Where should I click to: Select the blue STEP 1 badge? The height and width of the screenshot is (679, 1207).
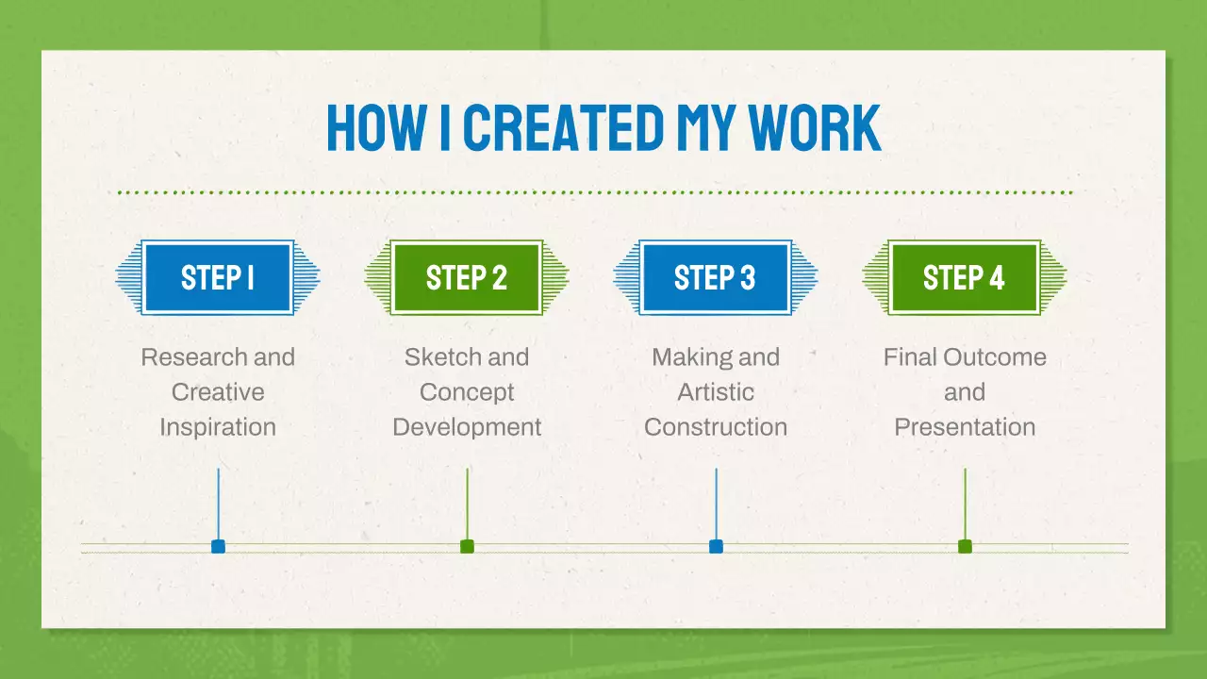(x=218, y=277)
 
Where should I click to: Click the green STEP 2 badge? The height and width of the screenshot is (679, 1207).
(x=467, y=277)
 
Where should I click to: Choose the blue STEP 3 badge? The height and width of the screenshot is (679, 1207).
(x=716, y=277)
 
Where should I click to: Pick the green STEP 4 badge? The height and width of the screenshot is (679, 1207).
(x=965, y=277)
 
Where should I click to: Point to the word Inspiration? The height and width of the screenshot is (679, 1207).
(x=218, y=427)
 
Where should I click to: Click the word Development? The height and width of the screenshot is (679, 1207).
(x=467, y=427)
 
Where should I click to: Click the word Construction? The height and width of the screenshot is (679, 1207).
(x=716, y=427)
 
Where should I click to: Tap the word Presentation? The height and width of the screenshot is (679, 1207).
(x=965, y=427)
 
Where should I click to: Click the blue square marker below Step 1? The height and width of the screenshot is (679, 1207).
(x=218, y=546)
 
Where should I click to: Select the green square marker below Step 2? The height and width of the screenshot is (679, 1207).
(x=467, y=546)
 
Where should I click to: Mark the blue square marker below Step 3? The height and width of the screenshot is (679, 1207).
(x=716, y=546)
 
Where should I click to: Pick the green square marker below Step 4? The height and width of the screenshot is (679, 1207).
(x=965, y=546)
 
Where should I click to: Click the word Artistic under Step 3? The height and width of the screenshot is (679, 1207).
(x=716, y=392)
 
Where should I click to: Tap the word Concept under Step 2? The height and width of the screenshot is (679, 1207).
(x=467, y=392)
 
